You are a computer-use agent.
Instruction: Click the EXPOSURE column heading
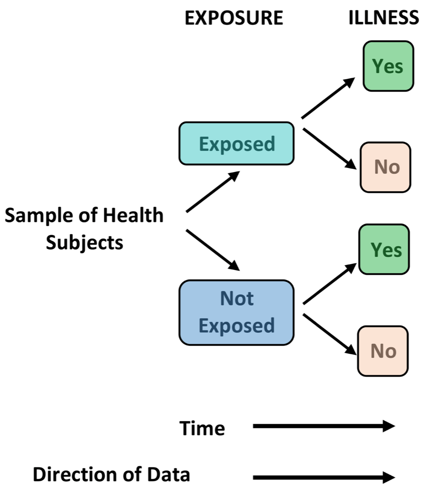(234, 18)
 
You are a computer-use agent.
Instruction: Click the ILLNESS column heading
(384, 18)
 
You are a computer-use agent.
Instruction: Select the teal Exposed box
(237, 144)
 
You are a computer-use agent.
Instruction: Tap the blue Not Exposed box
(237, 312)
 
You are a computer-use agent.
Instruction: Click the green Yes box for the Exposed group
(388, 66)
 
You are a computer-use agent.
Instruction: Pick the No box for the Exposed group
(385, 167)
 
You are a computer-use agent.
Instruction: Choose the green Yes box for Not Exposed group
(384, 249)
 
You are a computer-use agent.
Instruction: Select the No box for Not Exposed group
(383, 351)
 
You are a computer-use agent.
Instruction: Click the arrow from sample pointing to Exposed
(213, 191)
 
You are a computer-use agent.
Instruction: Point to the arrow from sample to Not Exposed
(213, 250)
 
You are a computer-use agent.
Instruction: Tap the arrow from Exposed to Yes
(328, 98)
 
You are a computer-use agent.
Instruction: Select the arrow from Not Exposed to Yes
(329, 283)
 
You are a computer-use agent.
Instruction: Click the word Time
(202, 428)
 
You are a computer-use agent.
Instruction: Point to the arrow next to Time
(324, 426)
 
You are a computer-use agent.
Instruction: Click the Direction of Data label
(111, 474)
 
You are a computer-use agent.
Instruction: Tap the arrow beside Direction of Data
(324, 478)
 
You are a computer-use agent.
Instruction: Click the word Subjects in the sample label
(85, 242)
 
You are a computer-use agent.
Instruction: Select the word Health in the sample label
(133, 215)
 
